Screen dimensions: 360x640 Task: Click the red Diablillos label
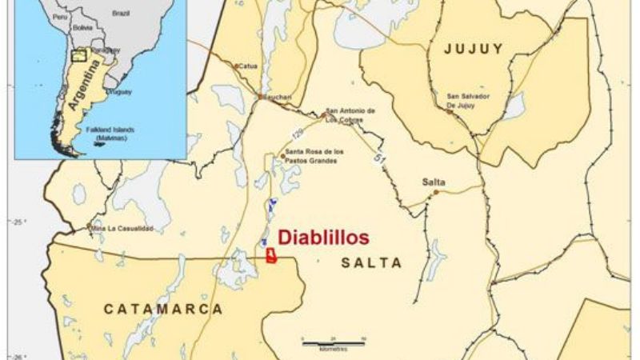click(323, 238)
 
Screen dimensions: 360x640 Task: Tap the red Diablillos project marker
click(271, 255)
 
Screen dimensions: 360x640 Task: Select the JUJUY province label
click(475, 49)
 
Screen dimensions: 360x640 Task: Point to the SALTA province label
click(371, 262)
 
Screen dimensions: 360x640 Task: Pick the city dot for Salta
click(436, 192)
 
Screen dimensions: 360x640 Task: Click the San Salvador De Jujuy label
click(474, 101)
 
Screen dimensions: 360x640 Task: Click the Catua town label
click(246, 65)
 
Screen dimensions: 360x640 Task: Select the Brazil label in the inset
click(122, 14)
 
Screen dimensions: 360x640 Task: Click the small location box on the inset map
click(78, 55)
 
